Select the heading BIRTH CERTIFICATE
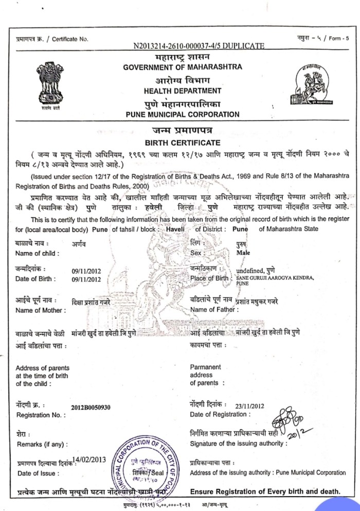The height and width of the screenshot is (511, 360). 183,143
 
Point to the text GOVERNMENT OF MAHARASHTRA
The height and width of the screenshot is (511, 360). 183,67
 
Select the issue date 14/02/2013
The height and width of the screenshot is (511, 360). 89,459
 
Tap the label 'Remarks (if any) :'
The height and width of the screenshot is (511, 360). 42,444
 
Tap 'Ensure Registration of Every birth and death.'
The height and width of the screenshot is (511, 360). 265,491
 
